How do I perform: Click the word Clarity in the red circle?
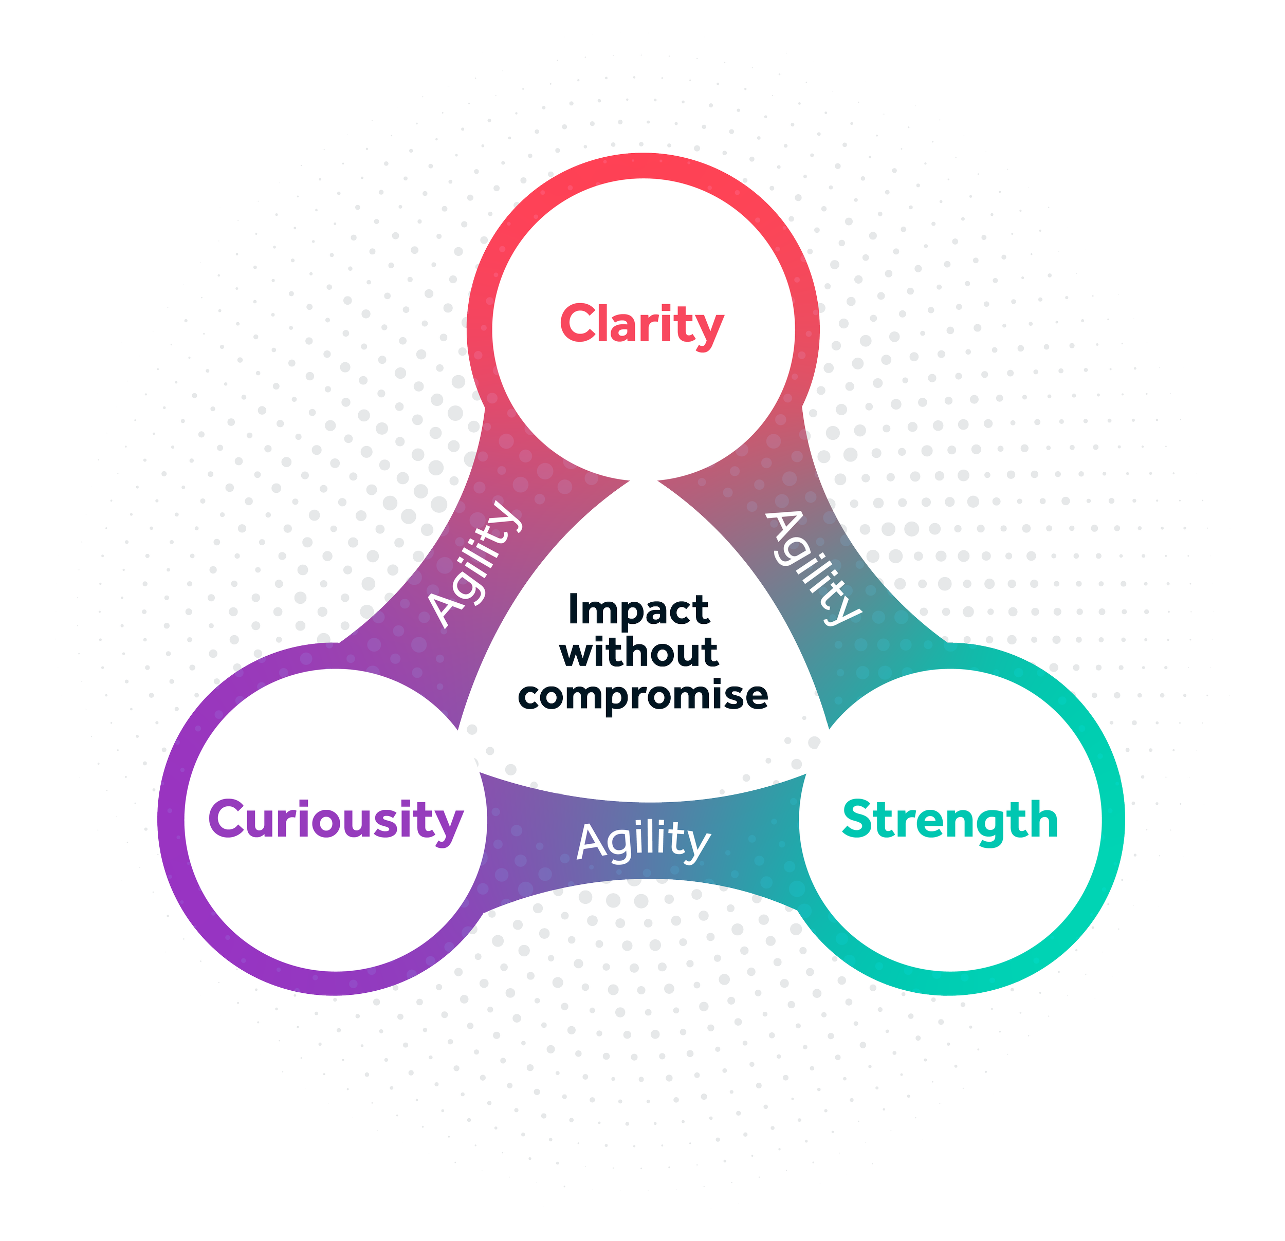pyautogui.click(x=641, y=324)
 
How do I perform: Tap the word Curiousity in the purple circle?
pyautogui.click(x=336, y=820)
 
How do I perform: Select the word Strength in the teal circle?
pyautogui.click(x=950, y=820)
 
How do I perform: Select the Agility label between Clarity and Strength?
pyautogui.click(x=814, y=568)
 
